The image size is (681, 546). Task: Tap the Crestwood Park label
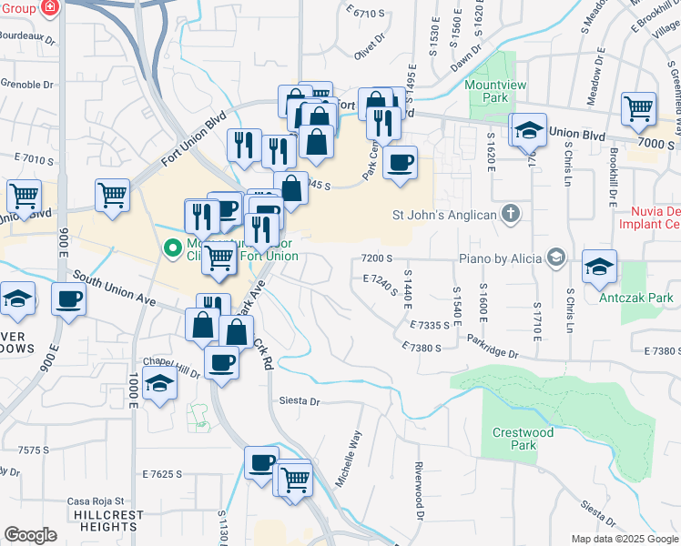tap(523, 439)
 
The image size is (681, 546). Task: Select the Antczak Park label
tap(623, 298)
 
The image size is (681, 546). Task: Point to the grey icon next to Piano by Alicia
tap(554, 258)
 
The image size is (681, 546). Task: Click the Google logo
tap(30, 534)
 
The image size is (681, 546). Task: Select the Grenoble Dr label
tap(27, 85)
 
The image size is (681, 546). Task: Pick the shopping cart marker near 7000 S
tap(639, 109)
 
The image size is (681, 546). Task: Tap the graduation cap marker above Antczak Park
tap(599, 267)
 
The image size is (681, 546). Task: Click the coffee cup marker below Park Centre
tap(400, 164)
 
